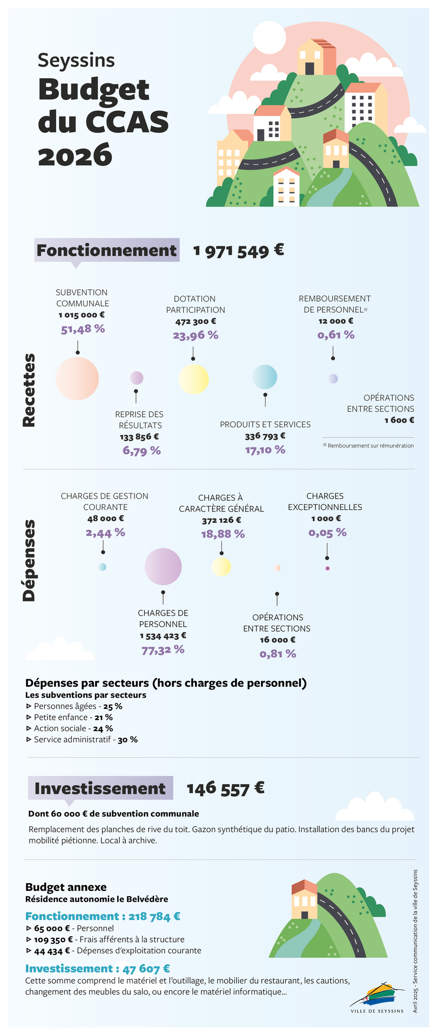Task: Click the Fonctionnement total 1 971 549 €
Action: tap(238, 251)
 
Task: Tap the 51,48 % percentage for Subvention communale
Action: tap(83, 329)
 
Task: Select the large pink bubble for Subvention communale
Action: tap(77, 378)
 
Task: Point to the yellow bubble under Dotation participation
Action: tap(193, 379)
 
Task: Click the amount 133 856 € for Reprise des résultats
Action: tap(139, 437)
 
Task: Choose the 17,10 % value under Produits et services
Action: tap(265, 449)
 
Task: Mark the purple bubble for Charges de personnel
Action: tap(163, 567)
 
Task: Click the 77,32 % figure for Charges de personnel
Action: tap(163, 650)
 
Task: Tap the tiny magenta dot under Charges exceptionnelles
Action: tap(327, 569)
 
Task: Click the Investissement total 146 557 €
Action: tap(225, 788)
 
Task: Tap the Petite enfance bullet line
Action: tap(70, 718)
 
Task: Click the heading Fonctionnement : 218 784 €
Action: tap(103, 916)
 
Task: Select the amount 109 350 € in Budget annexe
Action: tap(53, 939)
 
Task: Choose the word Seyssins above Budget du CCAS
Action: tap(76, 60)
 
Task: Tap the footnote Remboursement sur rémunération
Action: tap(370, 446)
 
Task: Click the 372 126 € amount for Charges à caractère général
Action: tap(221, 521)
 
